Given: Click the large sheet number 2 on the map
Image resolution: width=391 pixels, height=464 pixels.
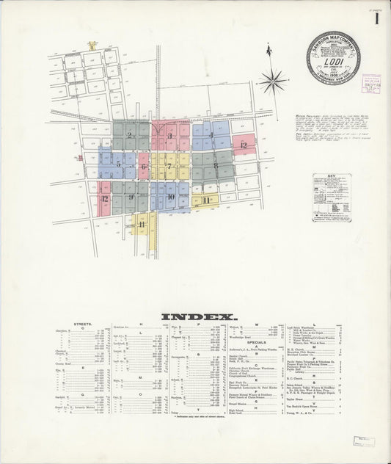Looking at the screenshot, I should coord(129,135).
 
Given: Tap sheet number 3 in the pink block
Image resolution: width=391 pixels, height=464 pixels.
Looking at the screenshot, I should coord(169,136).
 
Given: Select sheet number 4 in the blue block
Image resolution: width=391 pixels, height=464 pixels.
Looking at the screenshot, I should coord(211,135).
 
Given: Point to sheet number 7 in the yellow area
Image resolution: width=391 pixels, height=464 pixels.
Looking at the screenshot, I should coord(169,166).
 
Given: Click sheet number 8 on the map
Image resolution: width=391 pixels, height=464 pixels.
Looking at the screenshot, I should coord(215,166).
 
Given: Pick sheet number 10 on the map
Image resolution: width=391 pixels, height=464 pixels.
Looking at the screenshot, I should coord(169,197).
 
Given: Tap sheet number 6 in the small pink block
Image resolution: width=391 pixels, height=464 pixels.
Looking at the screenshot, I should coord(144,167).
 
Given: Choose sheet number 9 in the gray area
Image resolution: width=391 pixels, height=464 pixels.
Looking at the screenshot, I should coord(131,197).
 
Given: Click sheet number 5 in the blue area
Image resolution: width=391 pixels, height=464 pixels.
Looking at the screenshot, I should coord(118,164).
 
